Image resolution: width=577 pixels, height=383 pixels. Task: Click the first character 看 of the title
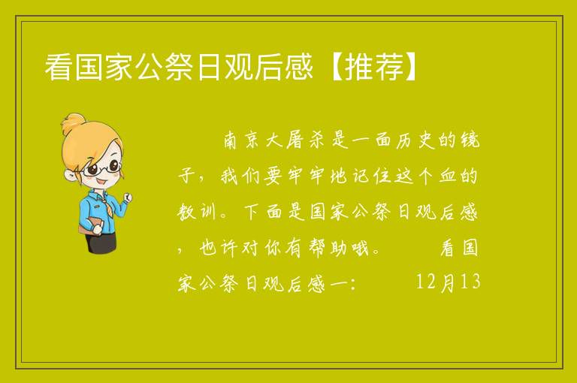[59, 67]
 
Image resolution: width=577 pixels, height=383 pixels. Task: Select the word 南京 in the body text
[241, 140]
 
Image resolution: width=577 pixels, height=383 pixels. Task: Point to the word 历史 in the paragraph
[415, 140]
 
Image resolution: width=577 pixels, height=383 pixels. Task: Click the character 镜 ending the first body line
[470, 140]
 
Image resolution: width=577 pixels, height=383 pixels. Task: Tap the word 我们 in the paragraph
[241, 176]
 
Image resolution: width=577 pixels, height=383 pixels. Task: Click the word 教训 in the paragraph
[197, 212]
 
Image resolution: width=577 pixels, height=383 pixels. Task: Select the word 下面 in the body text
[263, 212]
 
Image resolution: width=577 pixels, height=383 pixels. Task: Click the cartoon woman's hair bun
[74, 122]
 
